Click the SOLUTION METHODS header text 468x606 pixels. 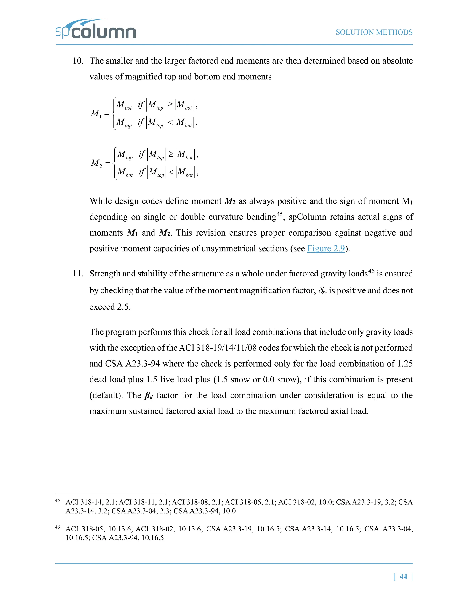click(374, 32)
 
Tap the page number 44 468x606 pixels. click(403, 576)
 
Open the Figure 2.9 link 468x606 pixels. click(326, 248)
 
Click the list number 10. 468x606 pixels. click(78, 61)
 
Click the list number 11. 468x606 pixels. click(78, 274)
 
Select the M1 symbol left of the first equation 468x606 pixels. click(96, 113)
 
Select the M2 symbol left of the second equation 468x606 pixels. click(96, 163)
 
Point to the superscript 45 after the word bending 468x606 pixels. click(279, 214)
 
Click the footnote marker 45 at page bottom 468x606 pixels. click(57, 500)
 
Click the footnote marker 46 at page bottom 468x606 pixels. click(57, 527)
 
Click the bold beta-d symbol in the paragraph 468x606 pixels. click(149, 396)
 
